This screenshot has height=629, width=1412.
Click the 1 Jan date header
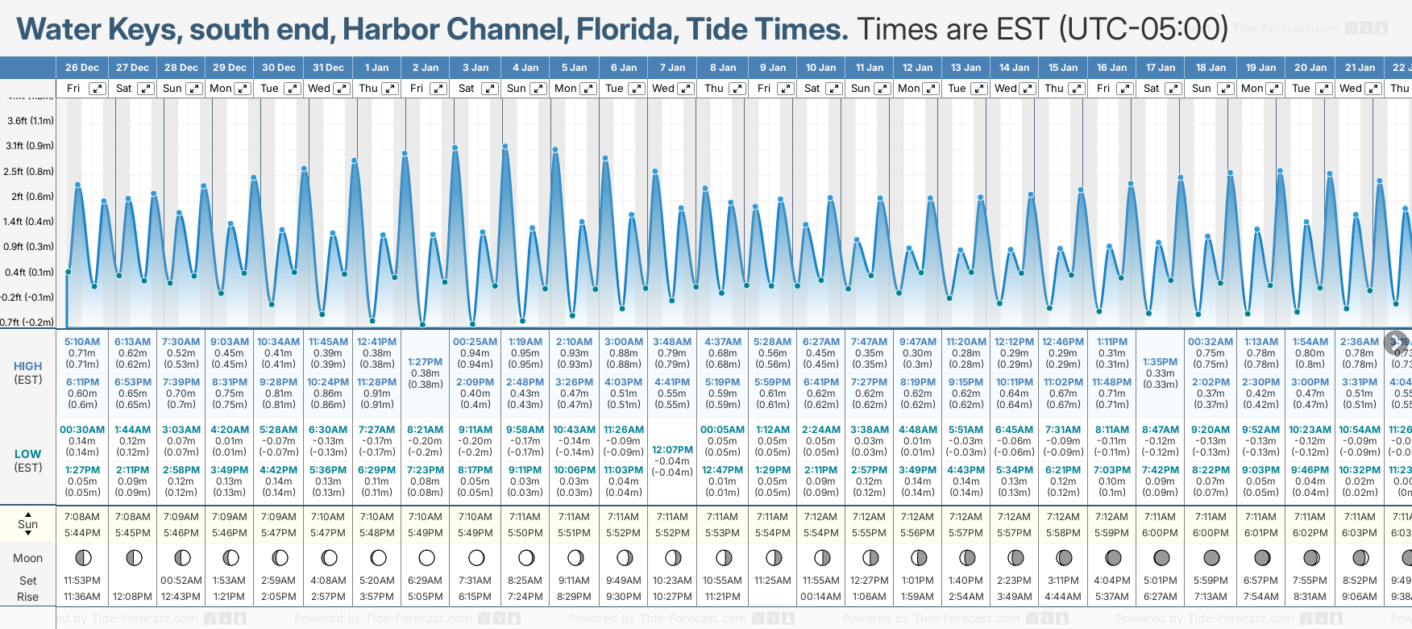376,68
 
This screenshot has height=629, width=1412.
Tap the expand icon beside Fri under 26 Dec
98,89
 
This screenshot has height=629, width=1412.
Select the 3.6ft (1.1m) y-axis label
30,121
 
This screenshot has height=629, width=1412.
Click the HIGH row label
28,366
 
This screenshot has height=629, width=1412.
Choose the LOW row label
28,454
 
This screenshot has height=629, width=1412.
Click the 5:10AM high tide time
82,342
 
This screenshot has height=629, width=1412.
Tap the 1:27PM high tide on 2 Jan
425,362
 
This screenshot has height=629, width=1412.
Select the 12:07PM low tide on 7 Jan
672,450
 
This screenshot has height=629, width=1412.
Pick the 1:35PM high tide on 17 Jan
1160,362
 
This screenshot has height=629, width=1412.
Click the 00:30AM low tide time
82,430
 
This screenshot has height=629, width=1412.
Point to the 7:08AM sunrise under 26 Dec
82,517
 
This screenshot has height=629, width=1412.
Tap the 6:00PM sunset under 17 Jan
1160,533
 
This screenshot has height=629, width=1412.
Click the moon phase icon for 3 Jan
476,558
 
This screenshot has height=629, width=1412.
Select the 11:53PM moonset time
82,581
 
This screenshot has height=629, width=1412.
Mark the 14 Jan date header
1014,68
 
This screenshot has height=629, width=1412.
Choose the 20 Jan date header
1310,68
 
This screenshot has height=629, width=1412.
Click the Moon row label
28,558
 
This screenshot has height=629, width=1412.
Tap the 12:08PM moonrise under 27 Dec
132,597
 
